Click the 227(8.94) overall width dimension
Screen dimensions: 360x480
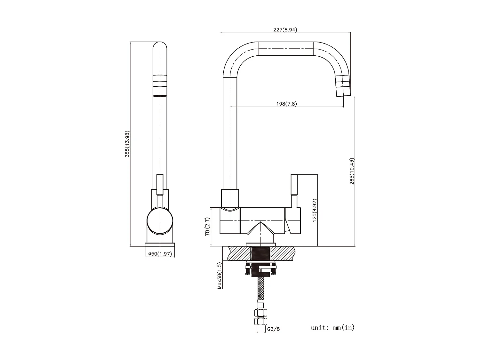[285, 30]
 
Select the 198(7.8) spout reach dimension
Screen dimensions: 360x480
[286, 104]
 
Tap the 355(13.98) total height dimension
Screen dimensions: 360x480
[127, 144]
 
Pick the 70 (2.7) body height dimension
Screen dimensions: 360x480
[207, 227]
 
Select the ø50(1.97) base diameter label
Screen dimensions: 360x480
[160, 254]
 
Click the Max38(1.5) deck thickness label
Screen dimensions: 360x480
[220, 276]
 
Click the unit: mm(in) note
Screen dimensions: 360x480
[332, 328]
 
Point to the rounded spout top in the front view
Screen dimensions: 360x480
[160, 48]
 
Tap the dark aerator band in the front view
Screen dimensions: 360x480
[160, 96]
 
